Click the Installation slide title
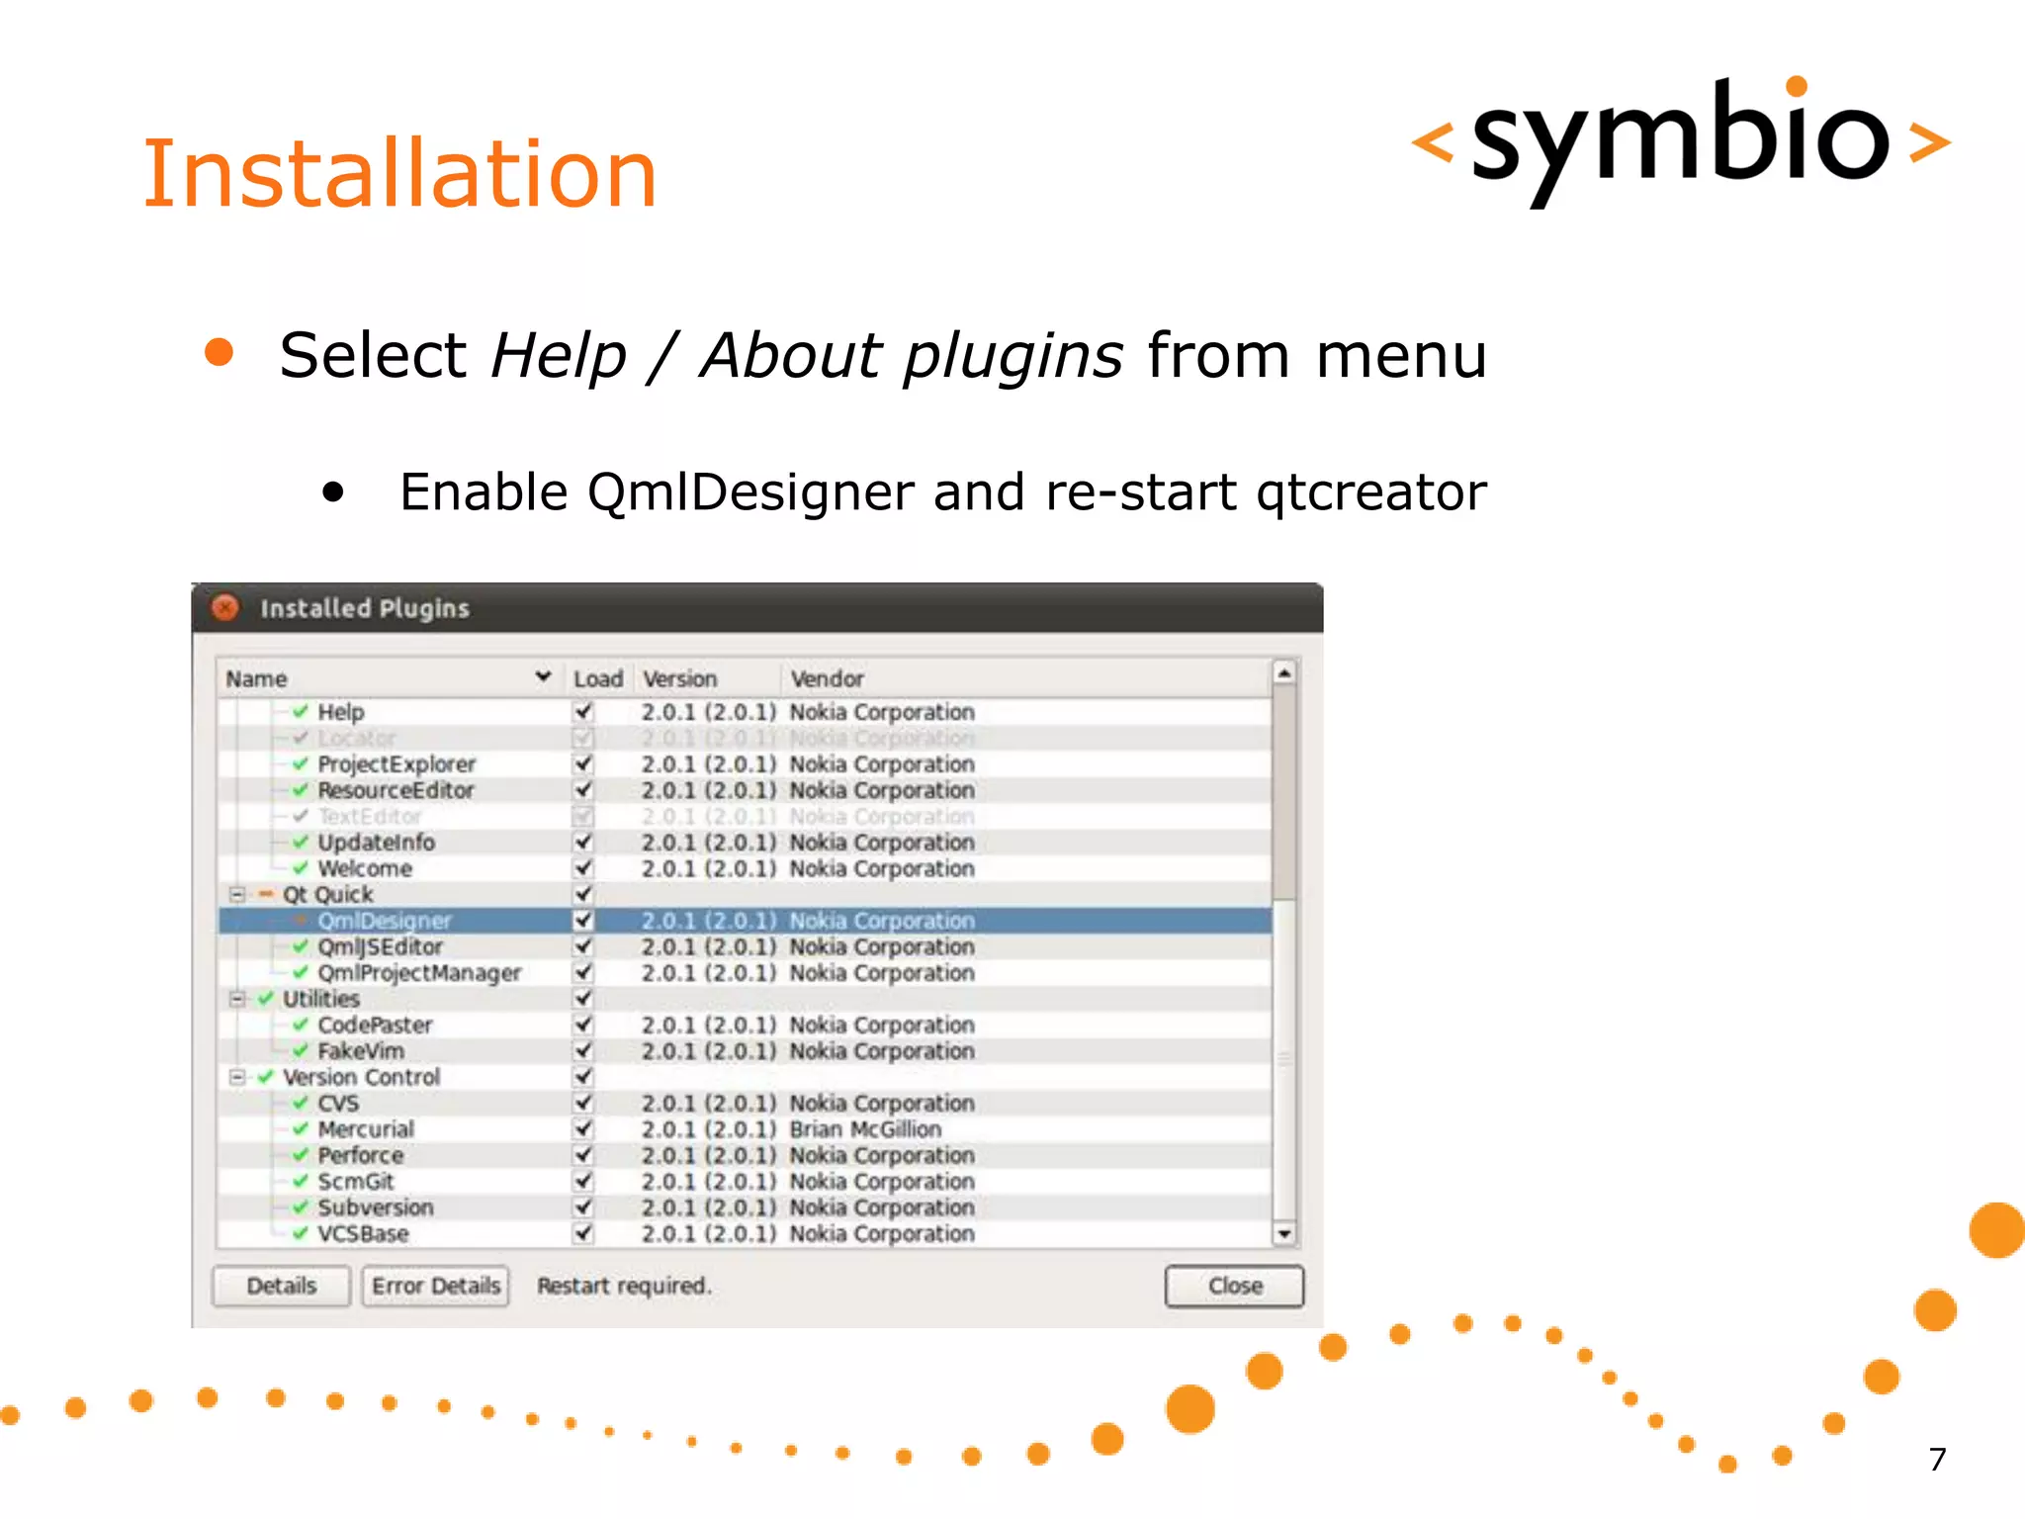point(399,175)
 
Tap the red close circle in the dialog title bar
point(225,607)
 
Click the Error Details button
point(435,1286)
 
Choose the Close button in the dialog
point(1234,1286)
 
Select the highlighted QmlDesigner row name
point(384,921)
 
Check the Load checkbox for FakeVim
point(583,1050)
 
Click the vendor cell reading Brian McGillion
point(865,1129)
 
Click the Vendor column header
point(827,679)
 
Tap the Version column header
point(679,679)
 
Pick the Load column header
point(597,679)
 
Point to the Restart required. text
point(624,1286)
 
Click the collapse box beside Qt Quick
point(237,895)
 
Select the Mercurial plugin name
point(366,1129)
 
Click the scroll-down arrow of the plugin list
point(1283,1233)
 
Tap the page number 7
point(1937,1459)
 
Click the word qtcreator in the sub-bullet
point(1370,492)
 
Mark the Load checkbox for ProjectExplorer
point(583,764)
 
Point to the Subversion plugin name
point(376,1207)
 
